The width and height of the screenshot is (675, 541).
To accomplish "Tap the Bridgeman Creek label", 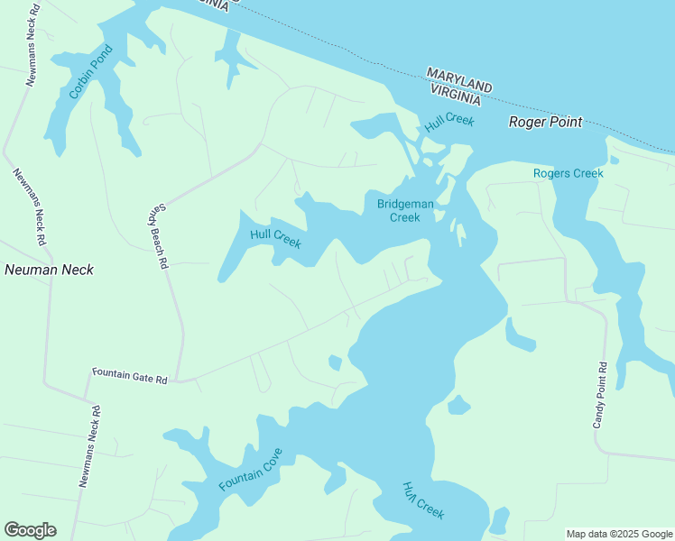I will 405,210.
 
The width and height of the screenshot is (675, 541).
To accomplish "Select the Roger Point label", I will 545,122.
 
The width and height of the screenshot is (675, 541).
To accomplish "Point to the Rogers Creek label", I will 568,173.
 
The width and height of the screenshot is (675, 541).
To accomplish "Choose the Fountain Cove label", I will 251,470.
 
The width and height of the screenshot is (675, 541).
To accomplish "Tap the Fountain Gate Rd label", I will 130,375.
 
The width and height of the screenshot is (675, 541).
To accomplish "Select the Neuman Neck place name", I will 49,270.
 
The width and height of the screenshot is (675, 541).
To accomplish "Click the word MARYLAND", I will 459,79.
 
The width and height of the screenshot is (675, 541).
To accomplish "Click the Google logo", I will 30,530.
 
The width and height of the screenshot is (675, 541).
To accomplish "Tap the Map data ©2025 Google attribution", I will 619,534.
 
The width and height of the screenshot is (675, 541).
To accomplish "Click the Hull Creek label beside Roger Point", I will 449,124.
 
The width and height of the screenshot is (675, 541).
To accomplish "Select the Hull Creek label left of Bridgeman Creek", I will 275,239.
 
